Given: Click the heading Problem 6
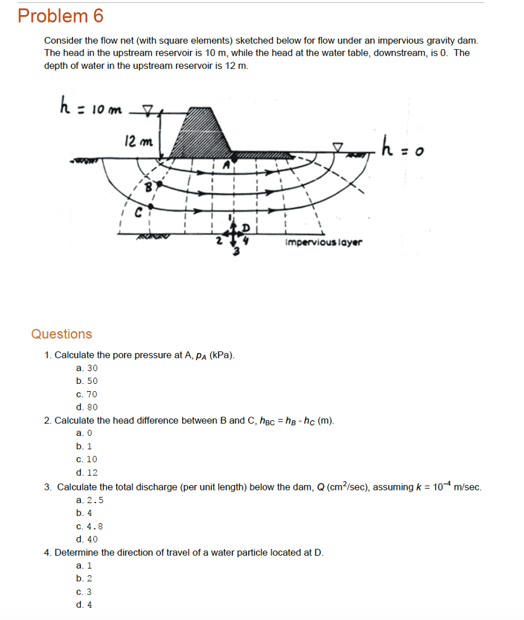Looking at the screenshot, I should (x=61, y=16).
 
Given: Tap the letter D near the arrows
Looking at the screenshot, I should (x=246, y=227).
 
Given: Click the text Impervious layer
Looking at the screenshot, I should (x=324, y=242).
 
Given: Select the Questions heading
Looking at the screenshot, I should (x=62, y=334).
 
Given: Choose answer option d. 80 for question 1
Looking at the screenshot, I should (x=87, y=407).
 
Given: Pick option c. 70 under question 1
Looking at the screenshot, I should (x=87, y=394).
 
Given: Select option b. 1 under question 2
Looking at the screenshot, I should (x=84, y=446).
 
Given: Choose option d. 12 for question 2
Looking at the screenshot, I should (x=87, y=473).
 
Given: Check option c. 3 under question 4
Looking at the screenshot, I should (x=84, y=592).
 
